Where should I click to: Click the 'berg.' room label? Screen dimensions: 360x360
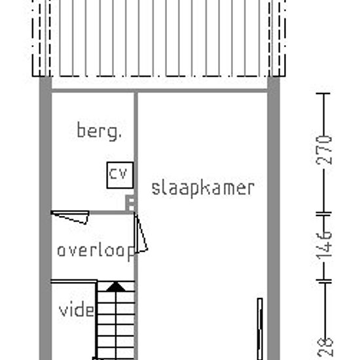(99, 131)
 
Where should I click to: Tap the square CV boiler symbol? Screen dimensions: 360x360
(120, 175)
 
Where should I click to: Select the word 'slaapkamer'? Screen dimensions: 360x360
(203, 189)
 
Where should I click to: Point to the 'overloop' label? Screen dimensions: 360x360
(96, 251)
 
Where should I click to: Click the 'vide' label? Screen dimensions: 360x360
(77, 310)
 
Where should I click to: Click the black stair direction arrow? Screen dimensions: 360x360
(116, 287)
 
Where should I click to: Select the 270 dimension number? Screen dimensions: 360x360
(324, 150)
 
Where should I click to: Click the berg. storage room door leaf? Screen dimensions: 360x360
(70, 217)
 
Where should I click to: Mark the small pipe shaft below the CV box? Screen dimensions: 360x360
(130, 204)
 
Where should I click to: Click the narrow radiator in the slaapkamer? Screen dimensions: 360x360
(260, 329)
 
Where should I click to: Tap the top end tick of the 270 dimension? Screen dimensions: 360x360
(323, 94)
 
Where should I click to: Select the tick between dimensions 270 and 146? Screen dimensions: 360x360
(324, 214)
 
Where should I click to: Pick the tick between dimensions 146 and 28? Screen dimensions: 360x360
(324, 281)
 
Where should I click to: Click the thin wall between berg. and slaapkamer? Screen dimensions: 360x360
(136, 152)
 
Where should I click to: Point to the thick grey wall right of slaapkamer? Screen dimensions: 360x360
(274, 218)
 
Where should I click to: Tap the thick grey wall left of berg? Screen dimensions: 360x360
(45, 218)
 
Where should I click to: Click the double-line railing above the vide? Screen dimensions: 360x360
(74, 281)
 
